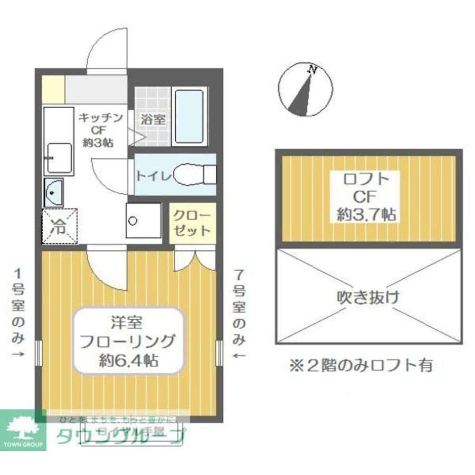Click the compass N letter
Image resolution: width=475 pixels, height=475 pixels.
pos(313,69)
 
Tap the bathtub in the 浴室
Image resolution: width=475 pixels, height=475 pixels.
pos(189,116)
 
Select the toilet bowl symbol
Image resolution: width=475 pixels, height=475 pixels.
pos(192,175)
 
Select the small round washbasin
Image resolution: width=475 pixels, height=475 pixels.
pos(54,192)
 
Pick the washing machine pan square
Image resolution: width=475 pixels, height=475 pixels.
pos(143,220)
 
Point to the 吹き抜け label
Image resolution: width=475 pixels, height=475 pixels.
pos(368,298)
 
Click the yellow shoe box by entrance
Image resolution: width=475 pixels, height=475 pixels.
pos(52,89)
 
